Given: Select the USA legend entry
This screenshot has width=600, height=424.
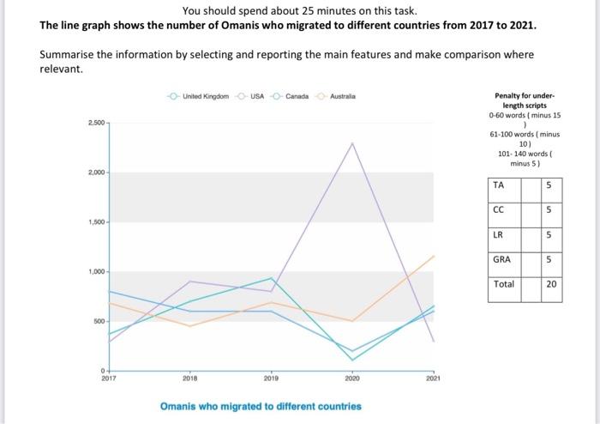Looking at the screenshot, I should click(256, 95).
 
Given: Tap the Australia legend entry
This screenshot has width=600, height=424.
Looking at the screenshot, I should click(342, 95).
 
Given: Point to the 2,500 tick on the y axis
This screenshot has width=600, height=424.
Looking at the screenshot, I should click(95, 124).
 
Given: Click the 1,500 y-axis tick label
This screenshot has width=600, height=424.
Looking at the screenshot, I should click(95, 222).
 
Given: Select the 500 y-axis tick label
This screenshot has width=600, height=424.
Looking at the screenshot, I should click(98, 321).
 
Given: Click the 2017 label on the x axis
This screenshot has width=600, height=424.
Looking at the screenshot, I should click(109, 378).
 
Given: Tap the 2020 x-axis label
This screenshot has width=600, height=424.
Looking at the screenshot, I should click(352, 378).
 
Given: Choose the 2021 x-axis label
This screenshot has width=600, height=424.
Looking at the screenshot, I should click(434, 378).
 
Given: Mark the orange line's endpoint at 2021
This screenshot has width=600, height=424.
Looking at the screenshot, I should click(435, 256).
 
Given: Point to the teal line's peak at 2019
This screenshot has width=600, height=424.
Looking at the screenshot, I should click(272, 278).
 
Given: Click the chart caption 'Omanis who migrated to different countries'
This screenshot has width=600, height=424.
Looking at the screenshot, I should click(261, 406).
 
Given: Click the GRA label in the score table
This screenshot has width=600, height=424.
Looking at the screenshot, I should click(502, 258).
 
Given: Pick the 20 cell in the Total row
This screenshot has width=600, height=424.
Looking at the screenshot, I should click(552, 283).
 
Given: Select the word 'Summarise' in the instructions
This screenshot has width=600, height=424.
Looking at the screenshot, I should click(67, 55).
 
